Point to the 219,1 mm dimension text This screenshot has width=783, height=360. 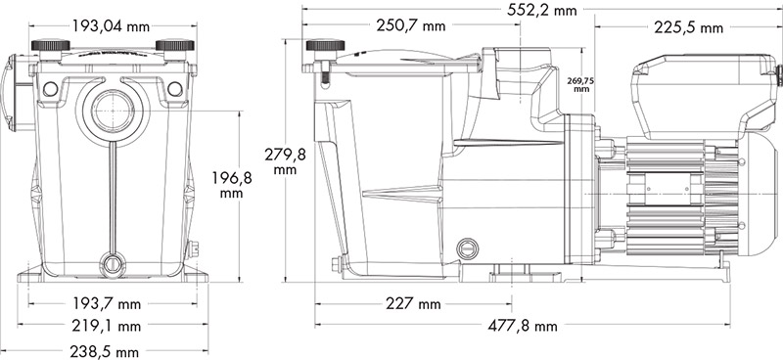[114, 326]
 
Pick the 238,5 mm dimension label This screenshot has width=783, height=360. [114, 348]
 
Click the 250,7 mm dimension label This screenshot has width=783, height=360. [406, 26]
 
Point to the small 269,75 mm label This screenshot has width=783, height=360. [581, 82]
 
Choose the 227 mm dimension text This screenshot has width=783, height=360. [415, 304]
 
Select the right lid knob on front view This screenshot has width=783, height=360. [174, 46]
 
